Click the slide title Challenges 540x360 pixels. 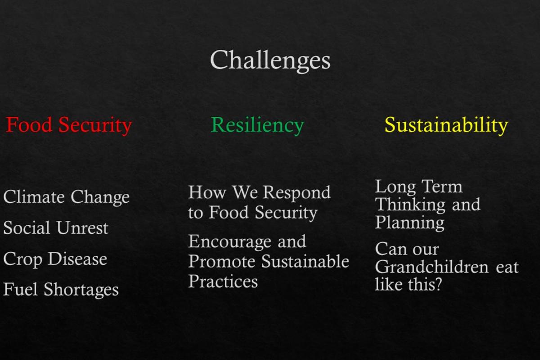(x=270, y=60)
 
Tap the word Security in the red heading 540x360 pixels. (x=95, y=125)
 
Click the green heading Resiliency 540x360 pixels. (x=257, y=125)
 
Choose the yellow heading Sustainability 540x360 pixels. (x=446, y=125)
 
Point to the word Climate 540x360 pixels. (x=34, y=197)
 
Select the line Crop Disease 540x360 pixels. (x=55, y=259)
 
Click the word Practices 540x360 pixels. (x=223, y=281)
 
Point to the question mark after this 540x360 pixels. (x=437, y=284)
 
